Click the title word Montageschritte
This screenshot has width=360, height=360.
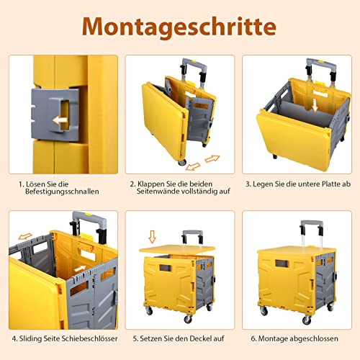[180, 26]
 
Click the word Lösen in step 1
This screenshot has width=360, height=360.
[34, 184]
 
